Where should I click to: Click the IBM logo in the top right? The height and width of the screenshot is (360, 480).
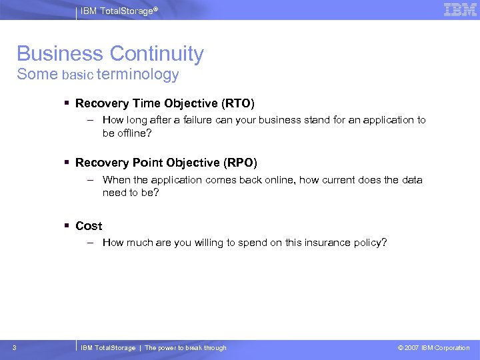459,9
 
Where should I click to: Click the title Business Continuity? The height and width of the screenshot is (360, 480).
110,54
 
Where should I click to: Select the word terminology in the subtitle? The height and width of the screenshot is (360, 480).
137,75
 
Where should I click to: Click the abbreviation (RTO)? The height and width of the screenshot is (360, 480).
238,103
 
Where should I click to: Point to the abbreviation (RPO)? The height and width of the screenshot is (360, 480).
240,163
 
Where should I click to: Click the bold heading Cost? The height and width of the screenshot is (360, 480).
89,226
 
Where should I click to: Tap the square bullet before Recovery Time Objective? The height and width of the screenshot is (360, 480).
68,103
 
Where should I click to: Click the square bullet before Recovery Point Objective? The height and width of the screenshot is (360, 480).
68,163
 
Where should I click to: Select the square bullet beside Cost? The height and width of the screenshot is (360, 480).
68,226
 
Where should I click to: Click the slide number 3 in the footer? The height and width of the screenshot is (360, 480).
15,347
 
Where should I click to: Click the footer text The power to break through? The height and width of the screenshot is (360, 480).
185,348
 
